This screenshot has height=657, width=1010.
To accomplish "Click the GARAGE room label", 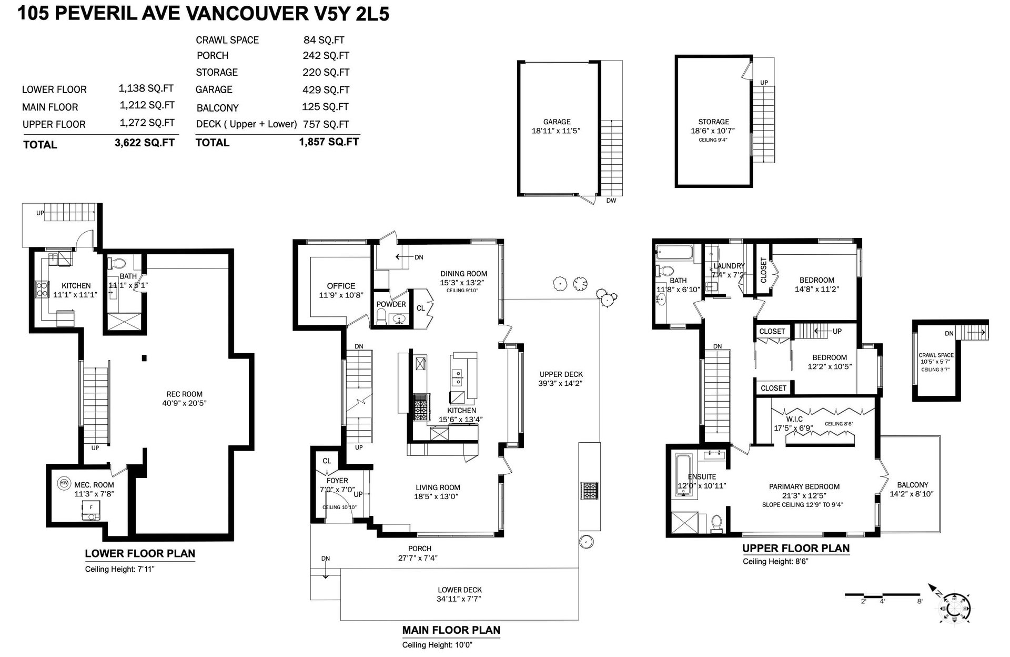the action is (557, 122).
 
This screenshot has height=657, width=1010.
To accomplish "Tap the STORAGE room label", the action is (714, 122).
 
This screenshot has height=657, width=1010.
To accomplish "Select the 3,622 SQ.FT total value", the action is (145, 142).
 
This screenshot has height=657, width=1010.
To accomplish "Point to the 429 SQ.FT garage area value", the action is (326, 90).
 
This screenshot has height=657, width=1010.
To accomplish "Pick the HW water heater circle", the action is (64, 483).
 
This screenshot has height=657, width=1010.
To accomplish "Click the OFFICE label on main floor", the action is (341, 286).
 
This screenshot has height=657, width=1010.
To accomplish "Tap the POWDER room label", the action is (391, 304).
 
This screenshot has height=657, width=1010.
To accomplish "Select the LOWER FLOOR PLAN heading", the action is (140, 553).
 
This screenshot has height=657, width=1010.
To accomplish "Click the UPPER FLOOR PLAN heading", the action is (796, 548).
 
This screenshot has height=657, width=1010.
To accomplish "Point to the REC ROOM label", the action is (184, 394).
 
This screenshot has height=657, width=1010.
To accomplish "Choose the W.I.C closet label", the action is (794, 419).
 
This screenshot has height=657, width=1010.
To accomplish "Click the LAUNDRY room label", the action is (729, 266).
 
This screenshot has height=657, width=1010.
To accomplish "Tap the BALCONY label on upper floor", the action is (913, 485).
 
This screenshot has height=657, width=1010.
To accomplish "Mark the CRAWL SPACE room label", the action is (936, 355).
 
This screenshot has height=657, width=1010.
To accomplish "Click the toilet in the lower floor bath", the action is (119, 263).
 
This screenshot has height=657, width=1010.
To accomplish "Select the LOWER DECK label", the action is (460, 590).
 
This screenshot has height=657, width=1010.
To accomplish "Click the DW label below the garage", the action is (611, 201).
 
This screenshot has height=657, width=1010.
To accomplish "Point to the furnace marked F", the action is (90, 510).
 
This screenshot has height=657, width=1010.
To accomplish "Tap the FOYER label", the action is (337, 481).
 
